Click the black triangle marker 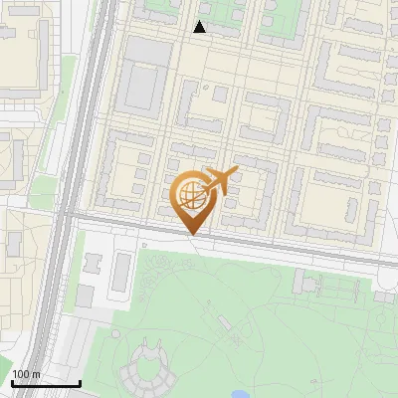point(200,27)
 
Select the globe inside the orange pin point(189,193)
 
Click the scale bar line point(46,383)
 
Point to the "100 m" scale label point(27,373)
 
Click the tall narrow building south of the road point(122,268)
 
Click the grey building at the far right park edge point(385,296)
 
